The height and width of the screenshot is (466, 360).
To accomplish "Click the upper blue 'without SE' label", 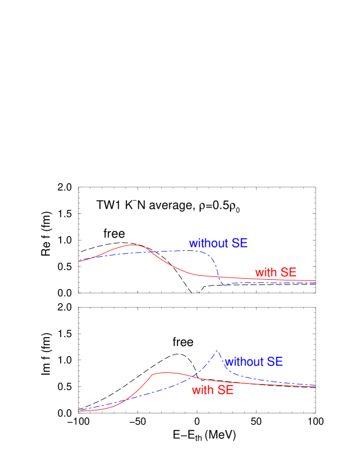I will pos(218,243).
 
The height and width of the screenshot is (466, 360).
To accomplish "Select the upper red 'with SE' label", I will pos(276,272).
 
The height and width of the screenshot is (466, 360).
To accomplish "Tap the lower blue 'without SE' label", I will pos(254,362).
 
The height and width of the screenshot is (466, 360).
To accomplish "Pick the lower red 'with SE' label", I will pos(213,390).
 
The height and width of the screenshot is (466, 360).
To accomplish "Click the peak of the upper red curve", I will pos(133,245).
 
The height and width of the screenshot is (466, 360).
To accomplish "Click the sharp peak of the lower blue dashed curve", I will pos(217,350).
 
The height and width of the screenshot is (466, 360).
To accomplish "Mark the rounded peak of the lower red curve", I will pos(165,373).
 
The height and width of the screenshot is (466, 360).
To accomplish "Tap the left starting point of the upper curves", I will pos(79,261).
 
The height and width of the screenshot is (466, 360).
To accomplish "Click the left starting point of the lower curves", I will pos(79,410).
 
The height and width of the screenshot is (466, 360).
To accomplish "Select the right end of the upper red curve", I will pos(315,280).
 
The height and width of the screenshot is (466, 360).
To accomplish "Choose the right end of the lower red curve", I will pos(315,386).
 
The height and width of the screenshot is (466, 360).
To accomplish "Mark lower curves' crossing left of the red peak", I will pos(124,400).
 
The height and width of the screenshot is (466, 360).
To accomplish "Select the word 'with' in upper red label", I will pos(266,272).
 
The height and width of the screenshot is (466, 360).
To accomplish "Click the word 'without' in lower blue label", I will pos(244,362).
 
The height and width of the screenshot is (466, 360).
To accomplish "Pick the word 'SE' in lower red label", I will pos(225,390).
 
